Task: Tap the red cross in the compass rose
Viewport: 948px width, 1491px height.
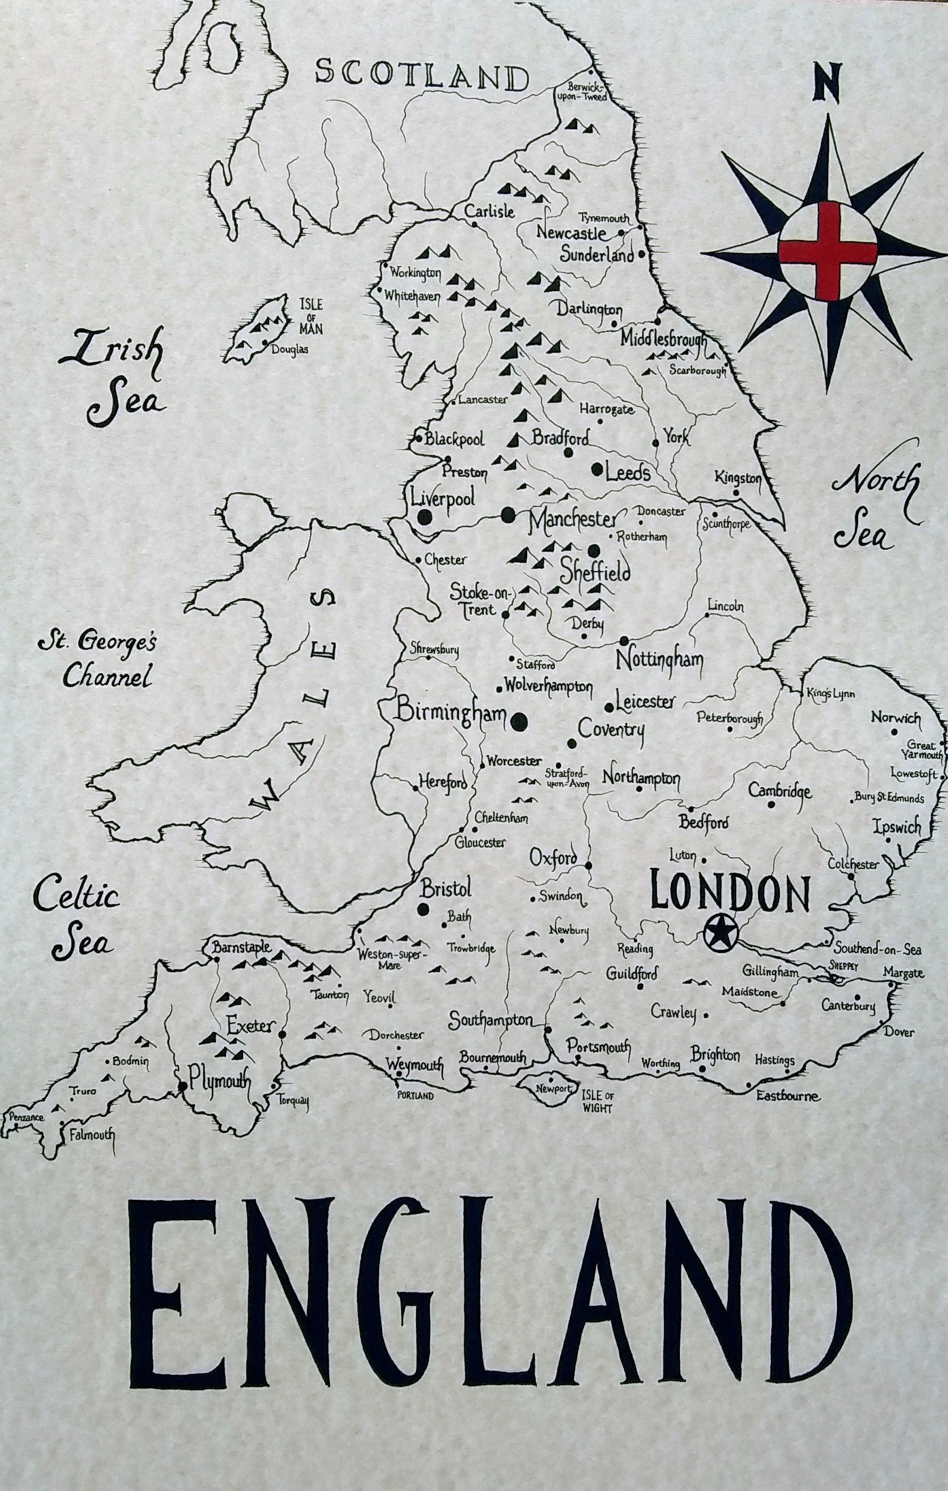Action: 827,251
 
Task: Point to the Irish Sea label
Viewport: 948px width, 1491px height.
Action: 116,379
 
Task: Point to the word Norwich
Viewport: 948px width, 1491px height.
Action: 895,718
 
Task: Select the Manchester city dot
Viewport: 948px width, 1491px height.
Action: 508,513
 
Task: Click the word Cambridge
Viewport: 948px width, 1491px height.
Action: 779,791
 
